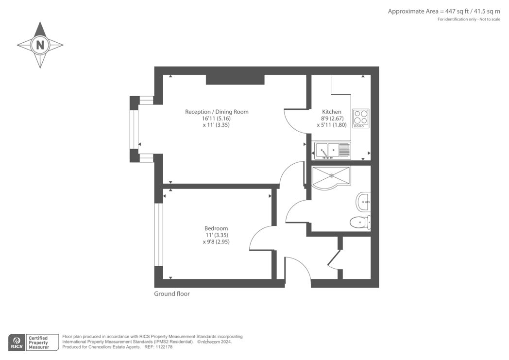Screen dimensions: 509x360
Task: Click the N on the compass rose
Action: point(40,45)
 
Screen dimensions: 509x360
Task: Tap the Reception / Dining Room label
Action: point(217,112)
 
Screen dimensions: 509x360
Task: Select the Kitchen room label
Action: point(331,112)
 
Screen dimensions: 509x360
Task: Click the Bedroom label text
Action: point(216,228)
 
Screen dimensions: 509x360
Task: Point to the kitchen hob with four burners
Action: point(361,118)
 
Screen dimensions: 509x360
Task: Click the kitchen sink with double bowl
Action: point(332,151)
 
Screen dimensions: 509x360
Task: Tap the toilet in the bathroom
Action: point(360,223)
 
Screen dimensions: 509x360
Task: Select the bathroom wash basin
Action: point(363,202)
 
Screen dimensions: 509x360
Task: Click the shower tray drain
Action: point(331,175)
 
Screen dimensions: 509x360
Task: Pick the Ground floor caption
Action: point(172,294)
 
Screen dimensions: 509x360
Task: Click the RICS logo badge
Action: point(17,342)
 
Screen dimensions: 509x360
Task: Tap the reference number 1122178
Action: point(164,347)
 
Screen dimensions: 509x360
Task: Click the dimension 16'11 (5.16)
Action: point(216,119)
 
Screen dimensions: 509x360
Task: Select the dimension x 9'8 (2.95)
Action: point(216,242)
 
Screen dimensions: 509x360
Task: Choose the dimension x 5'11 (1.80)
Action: point(332,125)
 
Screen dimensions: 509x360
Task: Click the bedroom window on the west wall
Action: point(158,235)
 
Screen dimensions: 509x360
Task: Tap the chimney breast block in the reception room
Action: point(235,80)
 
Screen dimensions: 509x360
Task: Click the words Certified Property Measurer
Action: point(39,343)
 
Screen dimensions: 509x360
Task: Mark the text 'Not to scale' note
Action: point(490,19)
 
